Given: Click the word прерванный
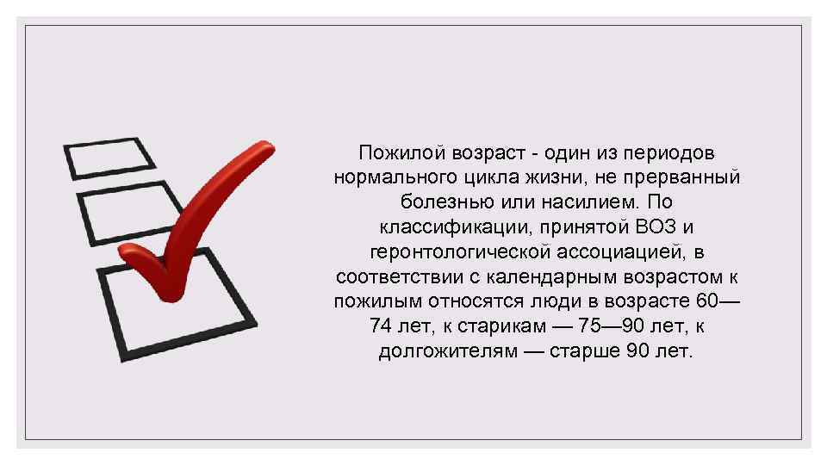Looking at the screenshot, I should [693, 178].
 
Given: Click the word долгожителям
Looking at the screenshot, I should [446, 353].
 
